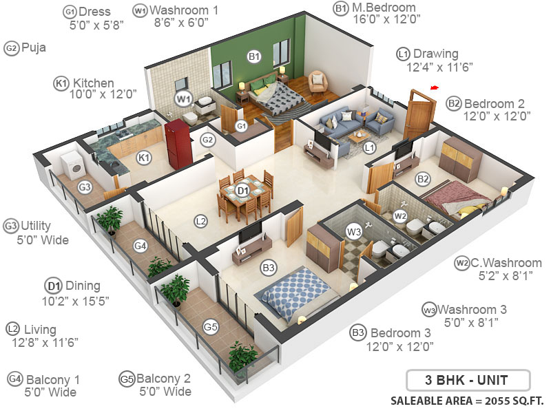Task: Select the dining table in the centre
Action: click(x=243, y=191)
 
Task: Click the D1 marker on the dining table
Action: click(x=242, y=190)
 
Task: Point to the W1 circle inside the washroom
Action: click(x=183, y=98)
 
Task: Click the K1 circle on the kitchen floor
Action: click(x=144, y=158)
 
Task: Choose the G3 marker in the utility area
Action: click(x=85, y=187)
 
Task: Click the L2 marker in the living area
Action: click(x=200, y=221)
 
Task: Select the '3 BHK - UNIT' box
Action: click(x=467, y=380)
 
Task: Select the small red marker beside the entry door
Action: click(x=434, y=87)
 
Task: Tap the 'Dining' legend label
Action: click(x=83, y=286)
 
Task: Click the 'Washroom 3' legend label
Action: click(x=472, y=309)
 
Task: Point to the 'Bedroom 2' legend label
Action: click(x=494, y=103)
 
